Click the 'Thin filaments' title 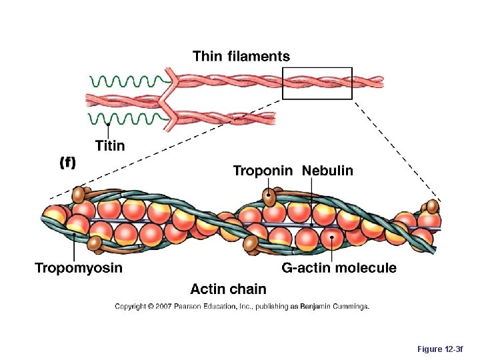241,56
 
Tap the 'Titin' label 109,145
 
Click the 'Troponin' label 263,171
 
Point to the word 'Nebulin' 327,171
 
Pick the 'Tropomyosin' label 79,268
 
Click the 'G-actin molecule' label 339,268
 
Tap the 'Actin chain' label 228,289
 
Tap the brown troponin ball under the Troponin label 269,196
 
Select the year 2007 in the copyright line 163,307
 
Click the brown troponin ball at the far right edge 433,207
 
